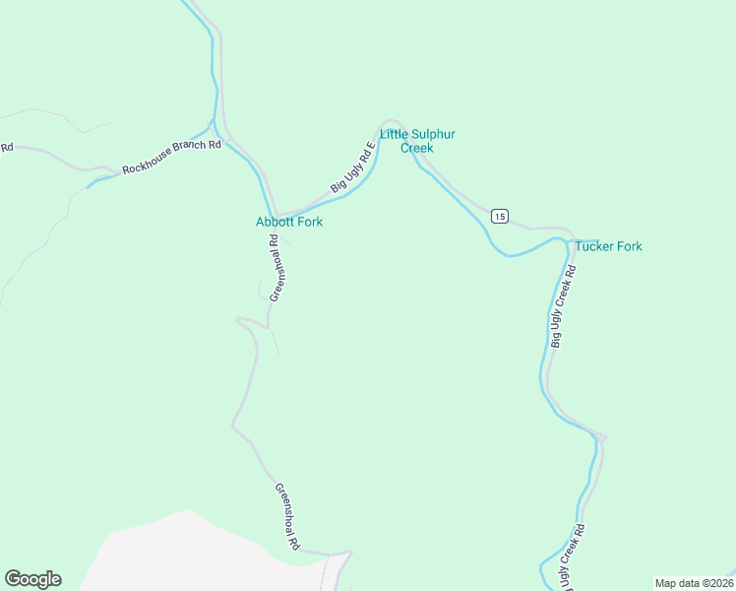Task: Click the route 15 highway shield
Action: click(500, 216)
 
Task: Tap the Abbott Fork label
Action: click(289, 222)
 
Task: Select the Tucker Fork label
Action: click(608, 246)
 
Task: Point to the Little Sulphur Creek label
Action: click(417, 141)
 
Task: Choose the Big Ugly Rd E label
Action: click(353, 167)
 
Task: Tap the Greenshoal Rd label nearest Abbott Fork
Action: click(276, 268)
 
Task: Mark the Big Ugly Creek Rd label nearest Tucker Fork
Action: click(562, 305)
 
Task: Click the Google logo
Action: click(32, 579)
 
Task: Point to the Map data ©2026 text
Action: click(693, 583)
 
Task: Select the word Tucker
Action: click(595, 246)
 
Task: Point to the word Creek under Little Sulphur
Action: click(416, 149)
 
